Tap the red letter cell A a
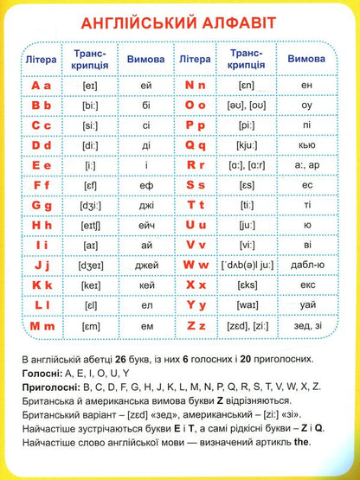click(x=42, y=85)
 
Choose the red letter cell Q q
click(x=196, y=145)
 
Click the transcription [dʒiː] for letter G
click(x=90, y=205)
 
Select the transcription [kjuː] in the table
click(x=243, y=145)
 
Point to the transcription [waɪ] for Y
click(x=243, y=305)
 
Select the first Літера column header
click(x=42, y=58)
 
